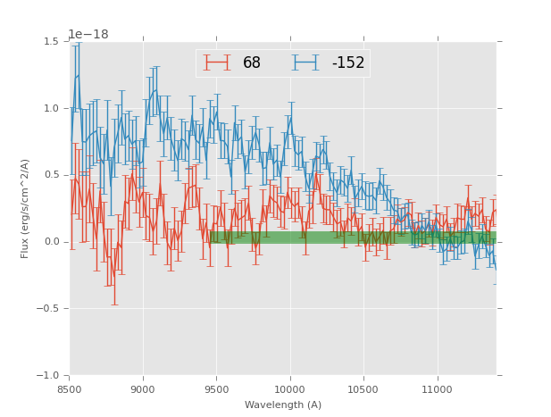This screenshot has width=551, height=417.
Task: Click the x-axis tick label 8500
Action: coord(70,389)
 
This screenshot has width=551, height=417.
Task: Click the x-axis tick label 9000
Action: coord(143,389)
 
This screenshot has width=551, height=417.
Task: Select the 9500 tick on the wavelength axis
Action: coord(216,389)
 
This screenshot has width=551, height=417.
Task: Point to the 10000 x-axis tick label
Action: coord(289,389)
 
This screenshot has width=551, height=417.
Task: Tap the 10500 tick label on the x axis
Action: coord(363,389)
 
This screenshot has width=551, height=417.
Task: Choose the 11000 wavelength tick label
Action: coord(437,389)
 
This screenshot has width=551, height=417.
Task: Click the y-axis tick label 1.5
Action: coord(51,42)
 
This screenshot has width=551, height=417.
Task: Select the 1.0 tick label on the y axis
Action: coord(51,109)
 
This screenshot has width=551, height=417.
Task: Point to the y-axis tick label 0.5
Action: coord(51,175)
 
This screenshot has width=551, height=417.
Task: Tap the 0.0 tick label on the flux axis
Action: coord(51,242)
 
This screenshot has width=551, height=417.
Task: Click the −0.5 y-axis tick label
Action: coord(48,309)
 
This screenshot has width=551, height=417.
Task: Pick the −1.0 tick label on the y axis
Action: coord(48,376)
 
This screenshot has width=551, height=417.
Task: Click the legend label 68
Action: coord(252,63)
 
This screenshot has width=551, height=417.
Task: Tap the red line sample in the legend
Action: coord(217,63)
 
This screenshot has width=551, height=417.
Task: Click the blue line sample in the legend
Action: coord(305,63)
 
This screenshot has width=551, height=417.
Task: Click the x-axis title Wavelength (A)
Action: coord(283,405)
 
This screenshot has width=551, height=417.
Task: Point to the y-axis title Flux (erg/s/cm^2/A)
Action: coord(26,209)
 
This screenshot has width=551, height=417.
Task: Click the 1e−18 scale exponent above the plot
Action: coord(88,35)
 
